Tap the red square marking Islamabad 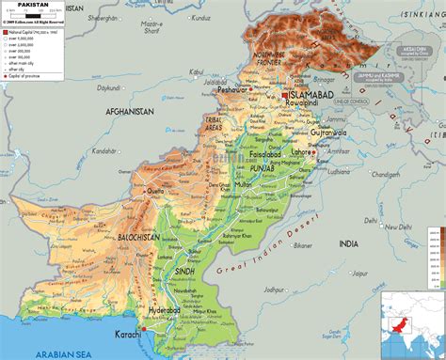(x=285, y=94)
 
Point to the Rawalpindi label (x=303, y=104)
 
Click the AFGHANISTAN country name (x=129, y=111)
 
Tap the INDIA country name (x=348, y=243)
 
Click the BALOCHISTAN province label (x=137, y=239)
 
